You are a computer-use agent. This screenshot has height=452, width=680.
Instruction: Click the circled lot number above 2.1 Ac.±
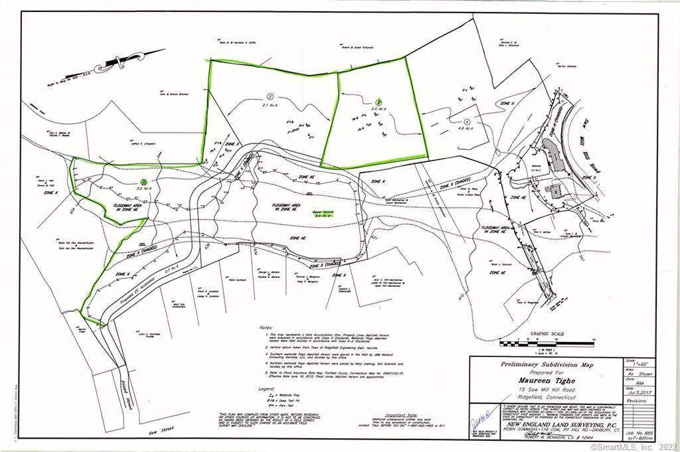[270, 94]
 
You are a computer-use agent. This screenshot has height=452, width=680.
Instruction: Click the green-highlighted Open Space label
[323, 214]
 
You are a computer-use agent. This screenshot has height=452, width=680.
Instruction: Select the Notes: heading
[265, 328]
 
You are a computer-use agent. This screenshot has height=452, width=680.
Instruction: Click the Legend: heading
[266, 388]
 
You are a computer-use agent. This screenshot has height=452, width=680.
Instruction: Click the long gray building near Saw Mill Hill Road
[554, 155]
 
